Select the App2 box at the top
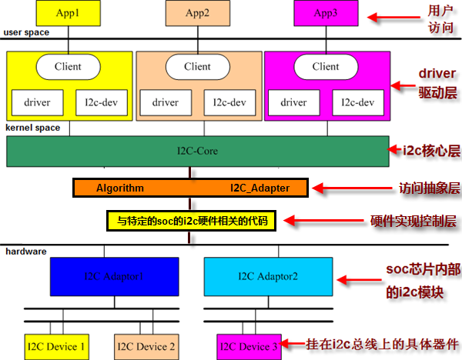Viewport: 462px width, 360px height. point(197,12)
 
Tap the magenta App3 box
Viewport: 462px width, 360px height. point(326,12)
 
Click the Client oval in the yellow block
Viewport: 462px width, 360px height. point(68,67)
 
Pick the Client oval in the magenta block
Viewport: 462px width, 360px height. point(326,67)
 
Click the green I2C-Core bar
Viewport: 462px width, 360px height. point(196,152)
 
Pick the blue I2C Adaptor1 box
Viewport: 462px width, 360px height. point(115,275)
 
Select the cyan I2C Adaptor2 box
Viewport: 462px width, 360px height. point(267,275)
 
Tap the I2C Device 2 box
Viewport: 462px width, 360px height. point(146,347)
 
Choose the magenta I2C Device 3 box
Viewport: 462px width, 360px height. point(249,347)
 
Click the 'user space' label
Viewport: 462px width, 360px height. point(27,32)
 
